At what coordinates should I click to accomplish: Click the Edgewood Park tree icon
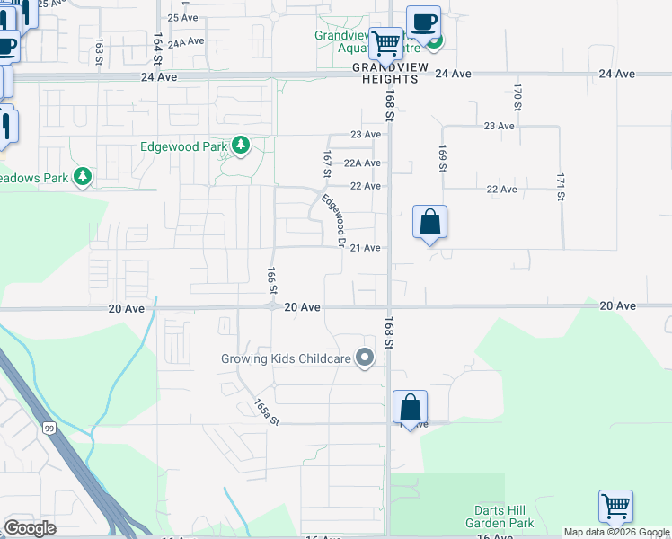240,145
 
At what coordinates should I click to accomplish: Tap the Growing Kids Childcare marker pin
365,358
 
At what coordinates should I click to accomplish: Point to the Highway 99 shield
49,429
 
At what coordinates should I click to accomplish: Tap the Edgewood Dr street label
334,221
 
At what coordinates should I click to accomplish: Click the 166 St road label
270,280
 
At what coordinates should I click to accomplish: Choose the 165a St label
267,412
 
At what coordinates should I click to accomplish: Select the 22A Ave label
363,163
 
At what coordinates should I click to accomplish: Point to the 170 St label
517,97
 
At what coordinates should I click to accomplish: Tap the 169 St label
442,158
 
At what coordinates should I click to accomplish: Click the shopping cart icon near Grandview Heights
386,41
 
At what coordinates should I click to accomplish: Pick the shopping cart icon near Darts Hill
615,505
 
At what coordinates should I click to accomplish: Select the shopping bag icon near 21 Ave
430,220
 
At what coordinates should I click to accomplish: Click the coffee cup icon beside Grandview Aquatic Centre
423,21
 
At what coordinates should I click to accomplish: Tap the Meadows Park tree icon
83,176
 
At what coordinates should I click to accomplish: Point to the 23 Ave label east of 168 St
499,126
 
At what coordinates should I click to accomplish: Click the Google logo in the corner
30,527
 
